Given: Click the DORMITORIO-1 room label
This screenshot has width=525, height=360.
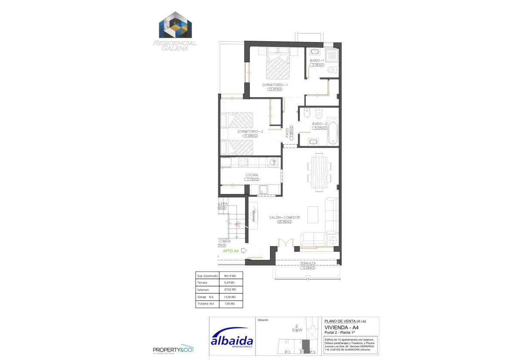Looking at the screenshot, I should click(x=275, y=85).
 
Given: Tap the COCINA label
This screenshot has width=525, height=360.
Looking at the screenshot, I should click(x=252, y=175).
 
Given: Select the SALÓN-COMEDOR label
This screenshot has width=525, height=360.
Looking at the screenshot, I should click(x=284, y=218).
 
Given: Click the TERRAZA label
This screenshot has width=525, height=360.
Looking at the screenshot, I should click(x=308, y=263).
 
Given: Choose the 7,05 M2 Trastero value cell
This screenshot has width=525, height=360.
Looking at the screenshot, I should click(x=230, y=304).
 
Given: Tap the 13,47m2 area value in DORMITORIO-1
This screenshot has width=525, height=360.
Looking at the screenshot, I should click(x=274, y=89).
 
